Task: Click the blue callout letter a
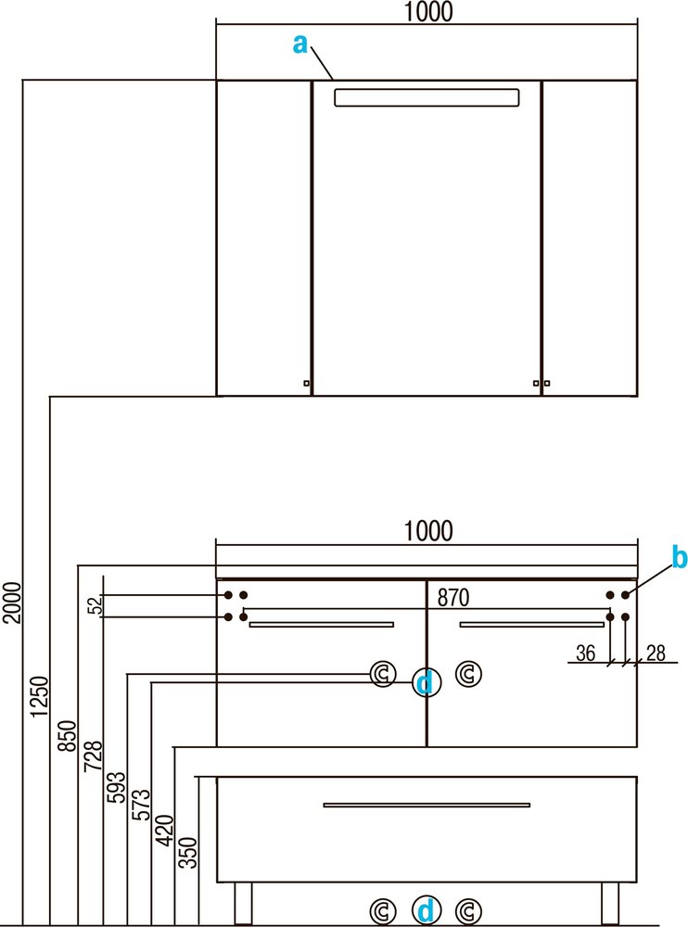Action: (x=299, y=44)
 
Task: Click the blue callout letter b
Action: (x=680, y=557)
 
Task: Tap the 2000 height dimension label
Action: (x=12, y=603)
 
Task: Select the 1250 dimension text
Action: (x=39, y=697)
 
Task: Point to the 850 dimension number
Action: (x=68, y=736)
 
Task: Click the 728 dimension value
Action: (x=94, y=756)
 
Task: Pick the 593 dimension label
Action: (x=116, y=787)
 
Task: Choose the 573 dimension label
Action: (x=141, y=805)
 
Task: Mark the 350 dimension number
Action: (x=188, y=853)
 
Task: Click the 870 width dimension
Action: (x=453, y=598)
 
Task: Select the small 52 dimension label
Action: (x=96, y=605)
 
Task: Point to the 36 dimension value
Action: (x=586, y=653)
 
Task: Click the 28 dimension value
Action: (x=656, y=653)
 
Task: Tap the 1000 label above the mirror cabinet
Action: (x=428, y=11)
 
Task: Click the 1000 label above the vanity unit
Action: (x=428, y=531)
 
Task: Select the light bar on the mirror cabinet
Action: (x=427, y=97)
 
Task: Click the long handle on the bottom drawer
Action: (x=427, y=805)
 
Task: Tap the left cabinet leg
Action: (x=243, y=903)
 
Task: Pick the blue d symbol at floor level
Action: (x=426, y=910)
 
